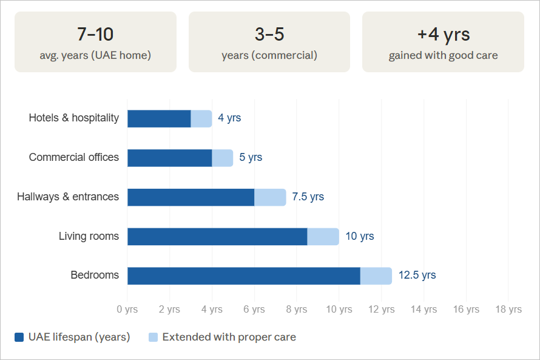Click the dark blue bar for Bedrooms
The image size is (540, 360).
pyautogui.click(x=243, y=276)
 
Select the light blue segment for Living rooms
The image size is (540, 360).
pyautogui.click(x=323, y=237)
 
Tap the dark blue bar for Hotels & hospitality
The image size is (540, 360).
pyautogui.click(x=159, y=118)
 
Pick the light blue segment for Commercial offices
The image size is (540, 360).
pyautogui.click(x=222, y=158)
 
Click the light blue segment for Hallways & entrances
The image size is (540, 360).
pyautogui.click(x=270, y=197)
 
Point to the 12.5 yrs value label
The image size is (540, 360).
pyautogui.click(x=417, y=275)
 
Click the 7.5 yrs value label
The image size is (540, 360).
pyautogui.click(x=308, y=197)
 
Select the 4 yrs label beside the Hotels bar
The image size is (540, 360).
pyautogui.click(x=229, y=118)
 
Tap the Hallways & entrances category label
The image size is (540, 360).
pyautogui.click(x=68, y=197)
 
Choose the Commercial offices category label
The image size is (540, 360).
pyautogui.click(x=74, y=157)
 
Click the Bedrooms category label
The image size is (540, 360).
pyautogui.click(x=95, y=275)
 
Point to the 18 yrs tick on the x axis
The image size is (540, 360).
pyautogui.click(x=508, y=309)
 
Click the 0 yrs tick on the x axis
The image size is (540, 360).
pyautogui.click(x=127, y=309)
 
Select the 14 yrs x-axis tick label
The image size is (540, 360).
pyautogui.click(x=424, y=309)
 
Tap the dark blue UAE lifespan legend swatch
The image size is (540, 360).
pyautogui.click(x=19, y=337)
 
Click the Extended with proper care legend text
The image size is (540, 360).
pyautogui.click(x=229, y=337)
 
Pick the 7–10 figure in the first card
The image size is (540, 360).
pyautogui.click(x=95, y=34)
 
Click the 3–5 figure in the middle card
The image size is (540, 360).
pyautogui.click(x=269, y=34)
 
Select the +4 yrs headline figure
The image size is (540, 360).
pyautogui.click(x=443, y=34)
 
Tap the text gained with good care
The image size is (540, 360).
pyautogui.click(x=443, y=55)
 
